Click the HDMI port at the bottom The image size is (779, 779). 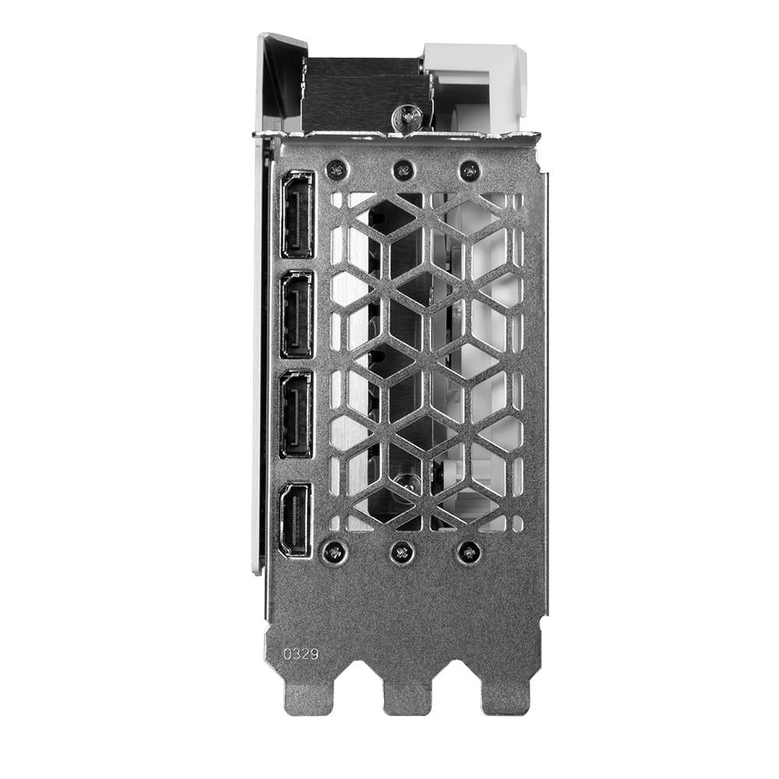pos(296,520)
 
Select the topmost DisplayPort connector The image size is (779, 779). pos(297,215)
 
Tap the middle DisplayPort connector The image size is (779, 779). pos(297,315)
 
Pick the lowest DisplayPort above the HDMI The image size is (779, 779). pos(297,414)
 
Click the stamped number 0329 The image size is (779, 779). pos(301,654)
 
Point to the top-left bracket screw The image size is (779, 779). pos(337,171)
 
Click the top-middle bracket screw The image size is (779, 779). pos(403,171)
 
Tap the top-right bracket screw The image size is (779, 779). pos(468,171)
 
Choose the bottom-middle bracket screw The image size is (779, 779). pos(400,551)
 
